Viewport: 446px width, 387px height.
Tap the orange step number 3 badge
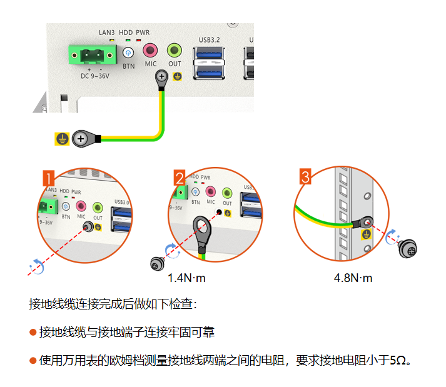(x=305, y=178)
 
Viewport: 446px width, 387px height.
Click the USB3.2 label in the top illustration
(x=209, y=40)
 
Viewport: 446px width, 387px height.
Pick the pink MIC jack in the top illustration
(x=150, y=50)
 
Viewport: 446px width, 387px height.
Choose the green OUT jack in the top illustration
(x=175, y=50)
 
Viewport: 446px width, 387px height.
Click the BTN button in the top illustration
(x=128, y=53)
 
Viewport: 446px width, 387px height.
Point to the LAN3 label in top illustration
(x=107, y=32)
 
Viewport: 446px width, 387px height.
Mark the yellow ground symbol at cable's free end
(x=61, y=139)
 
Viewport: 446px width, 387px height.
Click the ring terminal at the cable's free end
(x=82, y=139)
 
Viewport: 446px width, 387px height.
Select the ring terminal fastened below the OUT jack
(x=161, y=78)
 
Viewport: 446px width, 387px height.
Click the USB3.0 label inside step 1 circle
(x=121, y=202)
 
